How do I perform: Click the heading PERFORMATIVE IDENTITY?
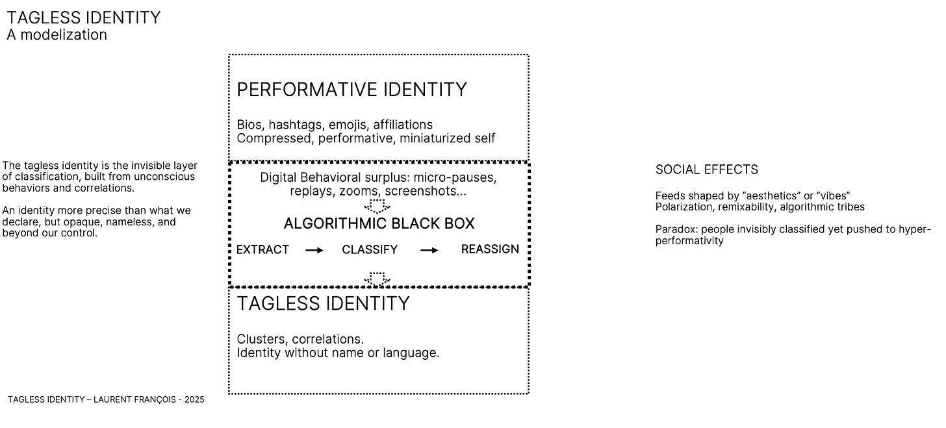[x=352, y=90]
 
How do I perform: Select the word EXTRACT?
[x=262, y=249]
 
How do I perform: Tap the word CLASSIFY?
[x=370, y=249]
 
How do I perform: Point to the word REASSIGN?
[x=490, y=249]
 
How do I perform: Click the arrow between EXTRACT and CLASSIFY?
[x=314, y=250]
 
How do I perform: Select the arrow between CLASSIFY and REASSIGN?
[x=429, y=250]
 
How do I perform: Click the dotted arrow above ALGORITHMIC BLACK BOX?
[x=377, y=207]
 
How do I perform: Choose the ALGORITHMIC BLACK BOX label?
[x=379, y=224]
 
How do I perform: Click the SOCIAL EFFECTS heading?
[x=706, y=170]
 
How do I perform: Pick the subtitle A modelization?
[x=57, y=35]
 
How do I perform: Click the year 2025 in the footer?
[x=194, y=400]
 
